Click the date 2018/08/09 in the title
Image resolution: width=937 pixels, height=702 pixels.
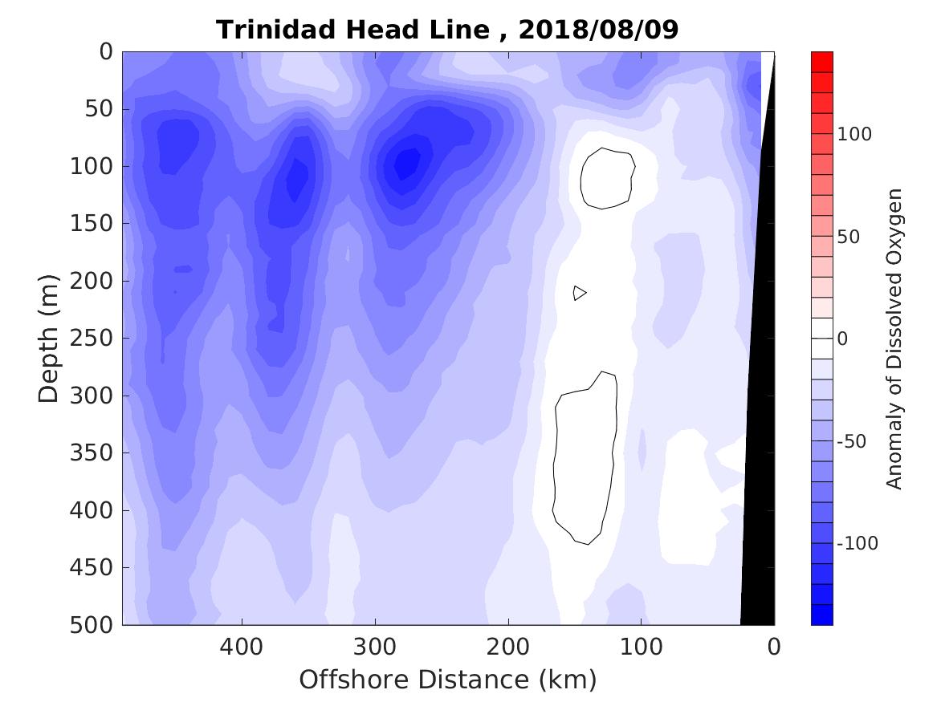599,30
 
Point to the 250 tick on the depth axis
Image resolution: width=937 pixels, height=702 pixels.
99,339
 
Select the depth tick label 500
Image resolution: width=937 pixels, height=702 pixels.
99,625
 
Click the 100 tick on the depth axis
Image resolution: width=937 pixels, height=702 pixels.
99,167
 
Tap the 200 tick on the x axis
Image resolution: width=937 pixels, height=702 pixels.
508,647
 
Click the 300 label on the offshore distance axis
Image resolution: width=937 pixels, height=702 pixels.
375,647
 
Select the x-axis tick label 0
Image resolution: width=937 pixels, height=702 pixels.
774,647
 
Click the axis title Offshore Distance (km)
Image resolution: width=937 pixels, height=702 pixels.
448,680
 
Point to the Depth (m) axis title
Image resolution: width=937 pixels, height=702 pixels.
49,337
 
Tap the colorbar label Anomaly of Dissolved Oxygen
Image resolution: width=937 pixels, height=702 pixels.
895,339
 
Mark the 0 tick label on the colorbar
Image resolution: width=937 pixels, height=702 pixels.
842,339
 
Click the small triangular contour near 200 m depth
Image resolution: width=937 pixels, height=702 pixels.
579,293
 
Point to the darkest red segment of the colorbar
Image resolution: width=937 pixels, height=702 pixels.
821,61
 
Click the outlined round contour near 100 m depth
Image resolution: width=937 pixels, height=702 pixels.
607,178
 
